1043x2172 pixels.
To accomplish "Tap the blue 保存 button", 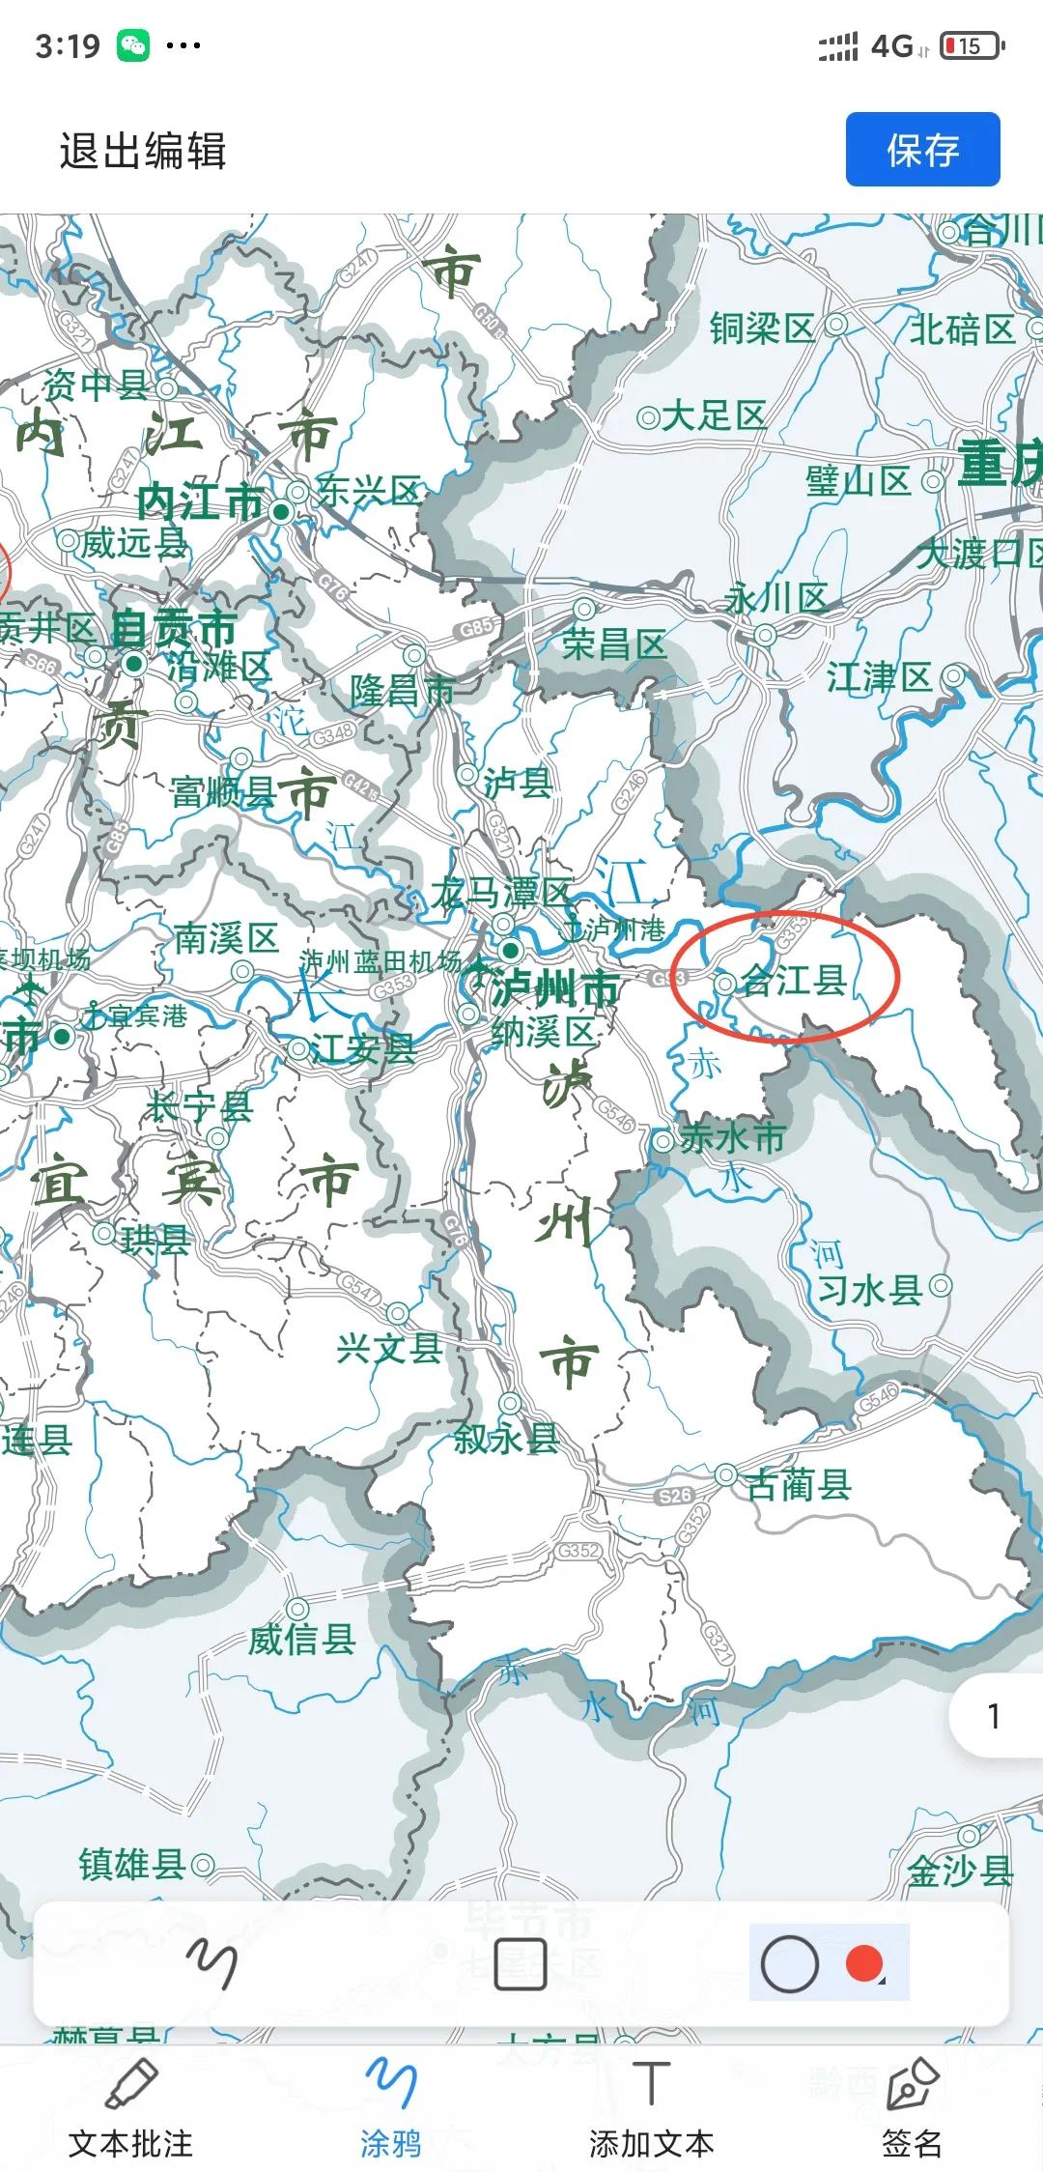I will click(x=922, y=150).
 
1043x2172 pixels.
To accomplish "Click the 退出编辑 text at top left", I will click(x=143, y=152).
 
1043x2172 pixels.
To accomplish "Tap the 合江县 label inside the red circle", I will click(x=794, y=981).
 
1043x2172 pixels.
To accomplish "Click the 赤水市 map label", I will click(x=732, y=1138).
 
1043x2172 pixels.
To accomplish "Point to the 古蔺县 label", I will click(x=799, y=1484).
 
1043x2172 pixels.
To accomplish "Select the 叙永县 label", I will click(x=506, y=1439).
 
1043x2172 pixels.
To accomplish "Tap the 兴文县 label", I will click(x=389, y=1348).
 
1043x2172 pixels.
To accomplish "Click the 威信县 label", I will click(x=302, y=1639).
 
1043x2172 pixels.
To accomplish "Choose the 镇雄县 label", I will click(x=132, y=1864).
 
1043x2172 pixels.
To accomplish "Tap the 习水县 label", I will click(x=870, y=1290).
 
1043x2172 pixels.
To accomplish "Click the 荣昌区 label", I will click(x=614, y=644).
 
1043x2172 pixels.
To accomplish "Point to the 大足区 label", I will click(x=714, y=416).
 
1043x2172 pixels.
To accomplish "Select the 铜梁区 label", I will click(x=762, y=329).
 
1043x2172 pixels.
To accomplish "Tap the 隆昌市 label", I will click(x=403, y=690).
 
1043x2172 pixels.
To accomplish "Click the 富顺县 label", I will click(x=222, y=792).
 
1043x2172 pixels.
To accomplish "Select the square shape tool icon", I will click(x=521, y=1964).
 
